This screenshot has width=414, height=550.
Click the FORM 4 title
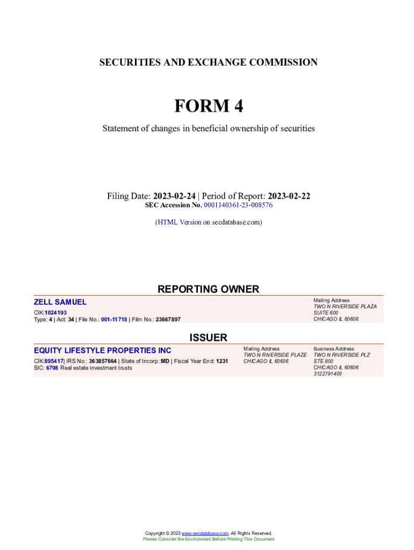click(x=208, y=106)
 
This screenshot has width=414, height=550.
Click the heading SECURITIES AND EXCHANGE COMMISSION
click(x=208, y=62)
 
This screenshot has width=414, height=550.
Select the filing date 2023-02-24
click(x=174, y=196)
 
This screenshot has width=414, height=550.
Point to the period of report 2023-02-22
click(x=289, y=196)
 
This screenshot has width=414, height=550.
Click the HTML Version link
click(x=179, y=222)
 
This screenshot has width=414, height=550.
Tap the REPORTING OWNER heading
click(x=208, y=289)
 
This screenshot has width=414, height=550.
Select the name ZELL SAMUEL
click(x=60, y=302)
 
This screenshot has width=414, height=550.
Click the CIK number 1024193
click(x=56, y=313)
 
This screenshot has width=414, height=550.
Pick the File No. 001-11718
click(x=114, y=320)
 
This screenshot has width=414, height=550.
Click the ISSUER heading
click(x=208, y=337)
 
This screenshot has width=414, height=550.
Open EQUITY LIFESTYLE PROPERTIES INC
click(x=103, y=351)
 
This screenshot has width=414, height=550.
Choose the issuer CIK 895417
click(x=54, y=361)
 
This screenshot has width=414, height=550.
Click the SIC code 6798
click(x=52, y=368)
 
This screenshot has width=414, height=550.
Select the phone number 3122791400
click(x=327, y=374)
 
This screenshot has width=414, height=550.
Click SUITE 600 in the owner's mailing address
click(x=326, y=313)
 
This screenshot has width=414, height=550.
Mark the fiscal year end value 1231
click(x=222, y=361)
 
